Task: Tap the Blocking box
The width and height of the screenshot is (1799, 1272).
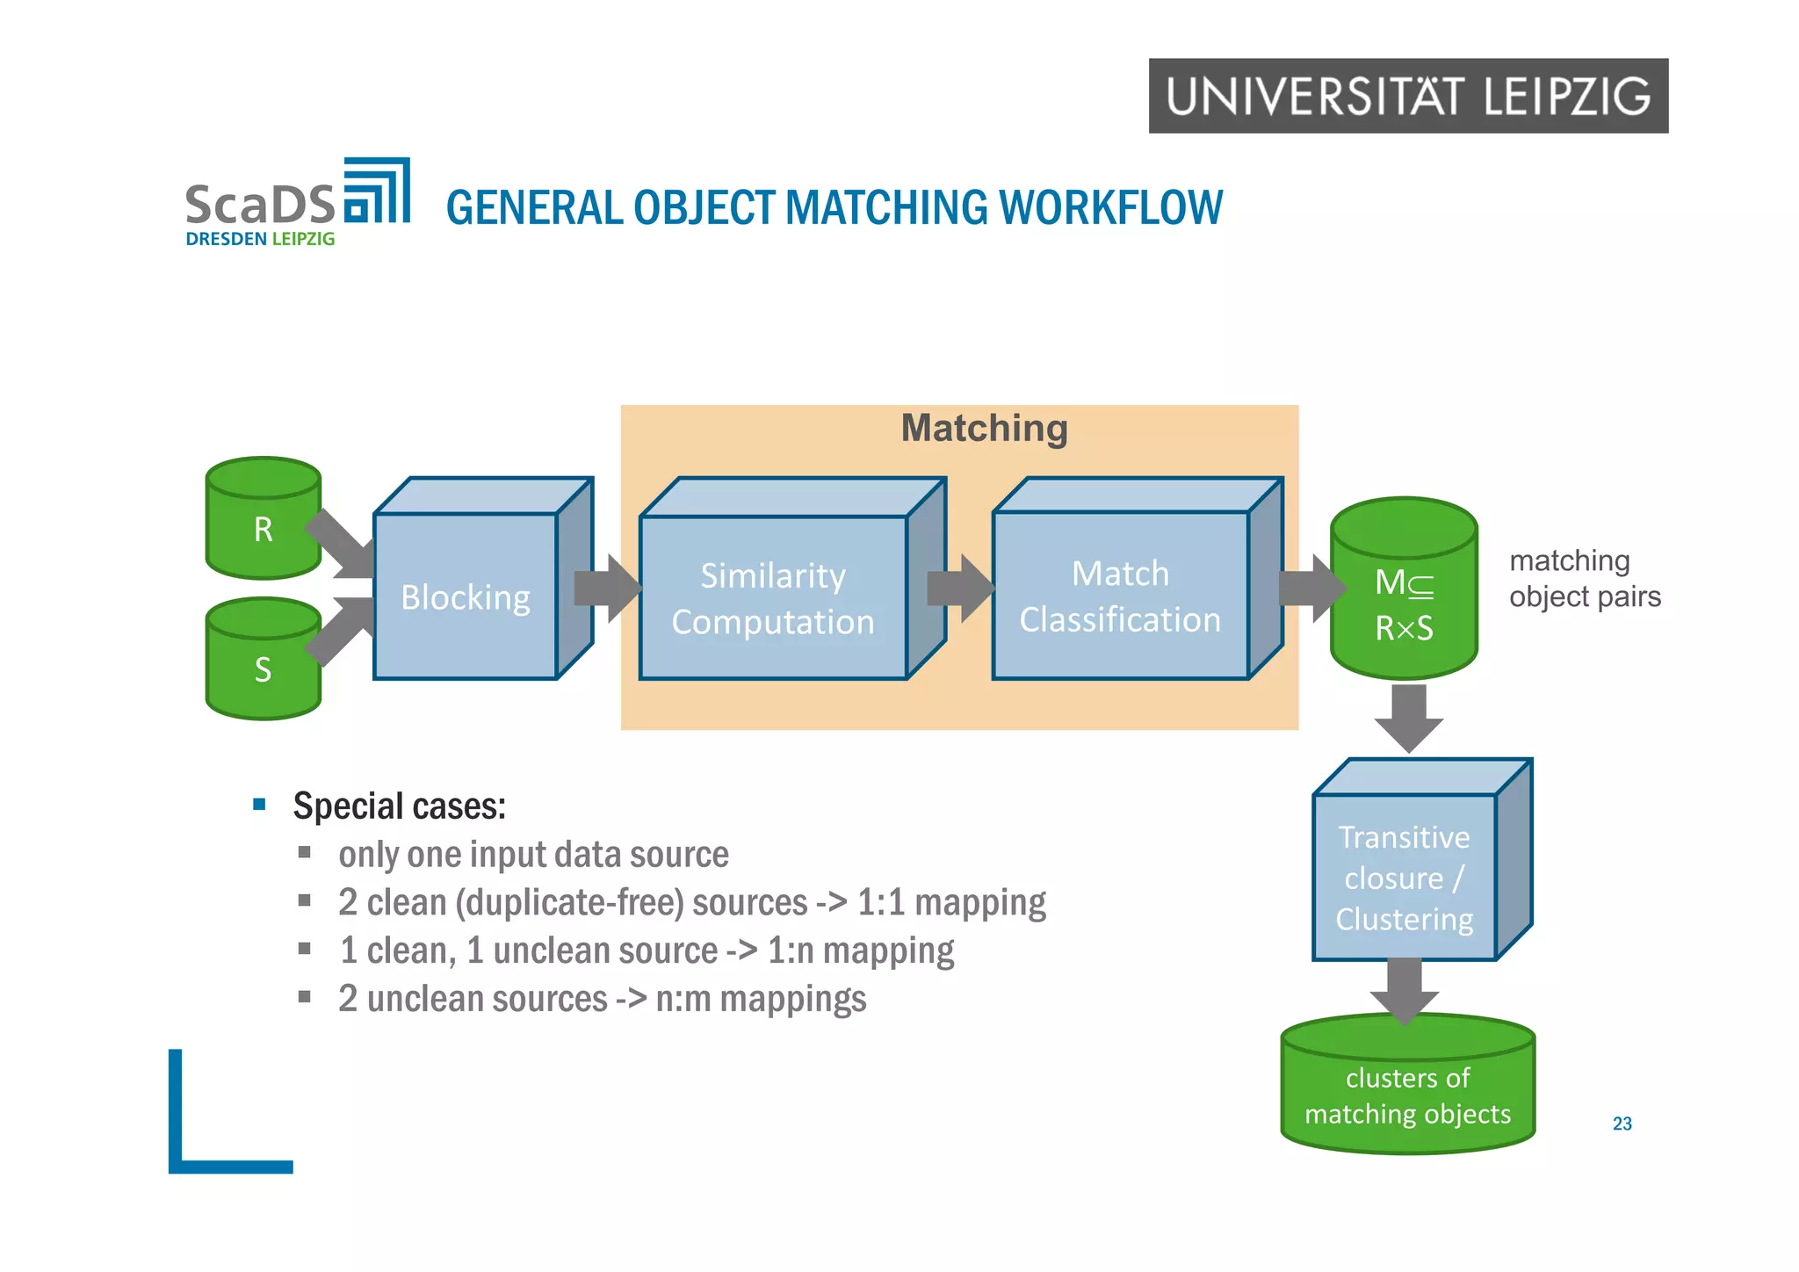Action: [x=466, y=596]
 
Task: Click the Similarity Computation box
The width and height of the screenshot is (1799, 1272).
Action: [x=773, y=598]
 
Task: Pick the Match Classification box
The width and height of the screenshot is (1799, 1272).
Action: [x=1120, y=596]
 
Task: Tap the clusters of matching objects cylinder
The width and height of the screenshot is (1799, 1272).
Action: [x=1407, y=1094]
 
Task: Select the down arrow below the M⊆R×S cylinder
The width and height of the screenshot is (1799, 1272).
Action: [x=1409, y=716]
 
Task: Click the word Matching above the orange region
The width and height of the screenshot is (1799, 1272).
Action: [x=984, y=429]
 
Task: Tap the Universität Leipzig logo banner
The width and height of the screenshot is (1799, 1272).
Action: [x=1408, y=96]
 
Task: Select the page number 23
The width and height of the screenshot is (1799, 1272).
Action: [x=1622, y=1124]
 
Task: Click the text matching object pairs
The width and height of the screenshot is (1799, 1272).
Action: [x=1584, y=578]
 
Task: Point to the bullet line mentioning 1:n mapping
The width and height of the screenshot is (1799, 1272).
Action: [x=646, y=950]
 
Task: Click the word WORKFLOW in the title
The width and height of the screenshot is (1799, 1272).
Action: [x=1110, y=208]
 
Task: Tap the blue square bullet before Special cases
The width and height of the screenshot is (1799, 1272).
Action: [x=259, y=804]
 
